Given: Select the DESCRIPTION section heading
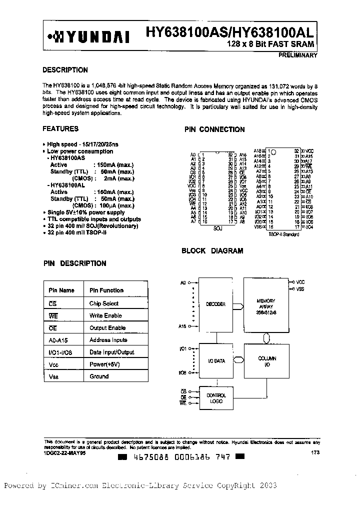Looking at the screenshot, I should [65, 70].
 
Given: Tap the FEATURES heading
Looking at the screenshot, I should [60, 129].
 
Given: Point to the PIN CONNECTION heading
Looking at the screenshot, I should [214, 129].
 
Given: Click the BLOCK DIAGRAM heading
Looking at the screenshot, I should [212, 251].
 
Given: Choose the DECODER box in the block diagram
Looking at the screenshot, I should [215, 304].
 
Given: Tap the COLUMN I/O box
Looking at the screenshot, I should [267, 361].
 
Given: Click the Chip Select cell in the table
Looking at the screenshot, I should [104, 303].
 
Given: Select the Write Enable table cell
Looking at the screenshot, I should [105, 315].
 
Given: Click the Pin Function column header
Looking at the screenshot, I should [106, 290].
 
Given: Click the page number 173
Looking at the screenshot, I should [314, 452].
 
